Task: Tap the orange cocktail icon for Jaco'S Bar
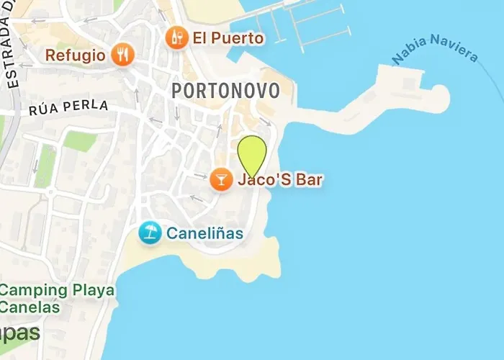(220, 179)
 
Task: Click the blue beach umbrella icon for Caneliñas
(150, 233)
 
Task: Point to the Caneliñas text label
(204, 233)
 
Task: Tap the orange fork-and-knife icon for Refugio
(124, 55)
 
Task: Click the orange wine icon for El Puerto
(176, 37)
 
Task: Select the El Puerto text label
(228, 37)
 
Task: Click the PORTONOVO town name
(226, 91)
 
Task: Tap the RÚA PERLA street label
(69, 109)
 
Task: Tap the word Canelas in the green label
(29, 308)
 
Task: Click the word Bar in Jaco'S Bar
(308, 179)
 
